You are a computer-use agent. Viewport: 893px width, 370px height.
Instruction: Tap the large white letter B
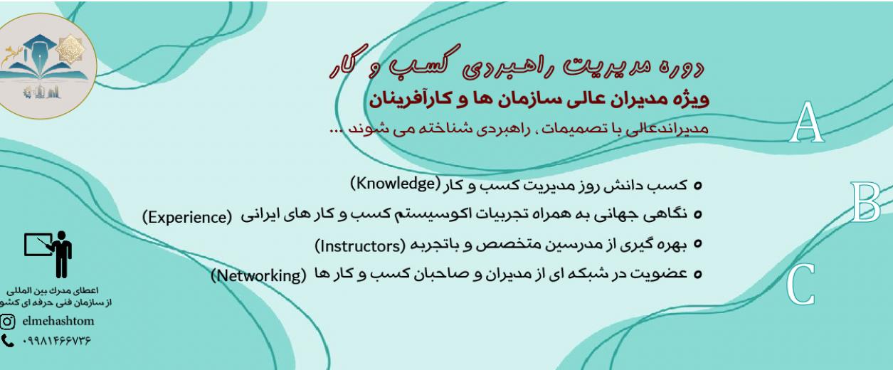[x=865, y=202]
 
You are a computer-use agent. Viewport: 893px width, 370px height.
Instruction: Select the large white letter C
[x=800, y=285]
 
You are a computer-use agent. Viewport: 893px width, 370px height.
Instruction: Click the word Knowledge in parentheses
[x=395, y=184]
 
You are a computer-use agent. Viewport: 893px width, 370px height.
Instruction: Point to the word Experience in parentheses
[x=187, y=217]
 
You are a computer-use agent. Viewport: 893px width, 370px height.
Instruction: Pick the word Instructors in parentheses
[x=360, y=246]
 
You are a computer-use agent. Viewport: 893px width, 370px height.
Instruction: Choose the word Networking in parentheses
[x=258, y=275]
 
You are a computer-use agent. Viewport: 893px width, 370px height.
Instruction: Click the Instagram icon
[x=7, y=322]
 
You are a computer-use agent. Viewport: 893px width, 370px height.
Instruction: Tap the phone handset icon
[x=7, y=341]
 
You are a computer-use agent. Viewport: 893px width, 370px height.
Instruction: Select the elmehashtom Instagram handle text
[x=58, y=321]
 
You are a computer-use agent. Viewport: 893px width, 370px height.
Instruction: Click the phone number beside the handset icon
[x=57, y=341]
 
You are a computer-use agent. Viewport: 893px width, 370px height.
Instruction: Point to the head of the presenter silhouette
[x=61, y=236]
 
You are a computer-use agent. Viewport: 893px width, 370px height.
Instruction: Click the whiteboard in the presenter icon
[x=38, y=244]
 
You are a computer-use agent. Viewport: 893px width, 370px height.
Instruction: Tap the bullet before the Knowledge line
[x=697, y=186]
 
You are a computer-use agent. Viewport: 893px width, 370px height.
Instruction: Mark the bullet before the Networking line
[x=697, y=275]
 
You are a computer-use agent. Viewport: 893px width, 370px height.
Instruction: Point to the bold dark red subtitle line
[x=539, y=100]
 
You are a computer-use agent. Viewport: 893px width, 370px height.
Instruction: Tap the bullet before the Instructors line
[x=697, y=244]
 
